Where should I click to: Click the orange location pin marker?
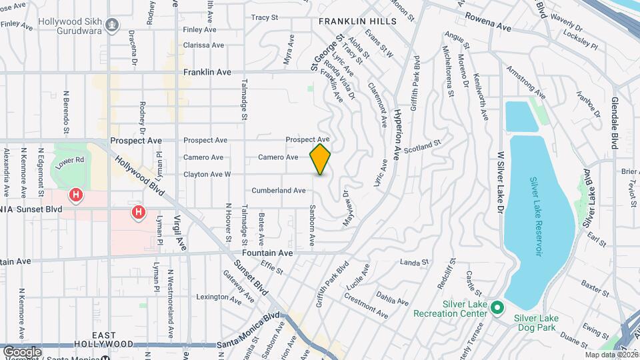click(x=321, y=159)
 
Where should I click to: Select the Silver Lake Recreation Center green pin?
click(x=497, y=308)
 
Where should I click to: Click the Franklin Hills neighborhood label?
click(x=357, y=21)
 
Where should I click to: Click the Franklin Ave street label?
click(x=208, y=72)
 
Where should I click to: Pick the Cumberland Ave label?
click(x=279, y=191)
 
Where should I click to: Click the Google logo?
click(x=22, y=351)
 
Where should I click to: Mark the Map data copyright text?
click(x=609, y=355)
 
